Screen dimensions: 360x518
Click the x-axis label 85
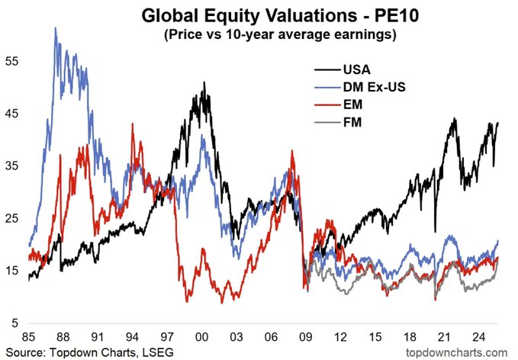(x=30, y=337)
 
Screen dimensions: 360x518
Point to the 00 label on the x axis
(x=202, y=337)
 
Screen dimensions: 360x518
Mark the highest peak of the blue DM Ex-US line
(x=55, y=28)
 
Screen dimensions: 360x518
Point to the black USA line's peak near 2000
(x=204, y=83)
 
